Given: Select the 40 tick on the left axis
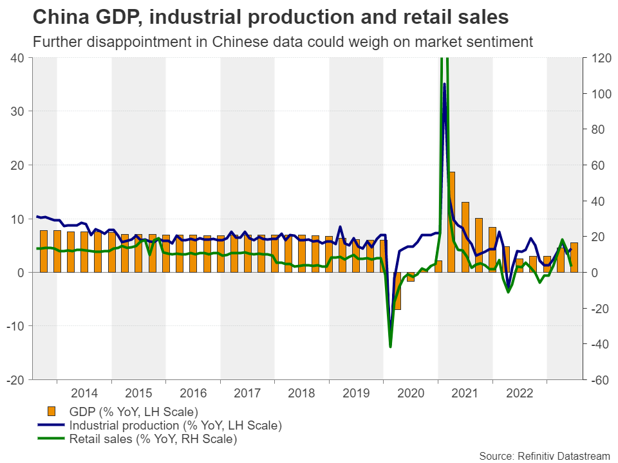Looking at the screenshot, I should (x=17, y=58).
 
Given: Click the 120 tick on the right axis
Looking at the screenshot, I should (x=597, y=58).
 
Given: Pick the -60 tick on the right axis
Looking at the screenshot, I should (x=597, y=380).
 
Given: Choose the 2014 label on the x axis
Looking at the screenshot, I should (x=84, y=393).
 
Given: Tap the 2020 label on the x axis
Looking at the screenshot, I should (x=411, y=393).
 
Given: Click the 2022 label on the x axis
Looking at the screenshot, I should (x=520, y=393).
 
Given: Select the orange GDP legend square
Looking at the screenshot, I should (x=51, y=412).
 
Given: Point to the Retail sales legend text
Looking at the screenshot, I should (x=153, y=440).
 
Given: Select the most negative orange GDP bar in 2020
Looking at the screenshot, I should (x=397, y=291).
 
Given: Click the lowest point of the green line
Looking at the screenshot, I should (x=390, y=347).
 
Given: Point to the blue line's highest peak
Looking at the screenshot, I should (x=444, y=84).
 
